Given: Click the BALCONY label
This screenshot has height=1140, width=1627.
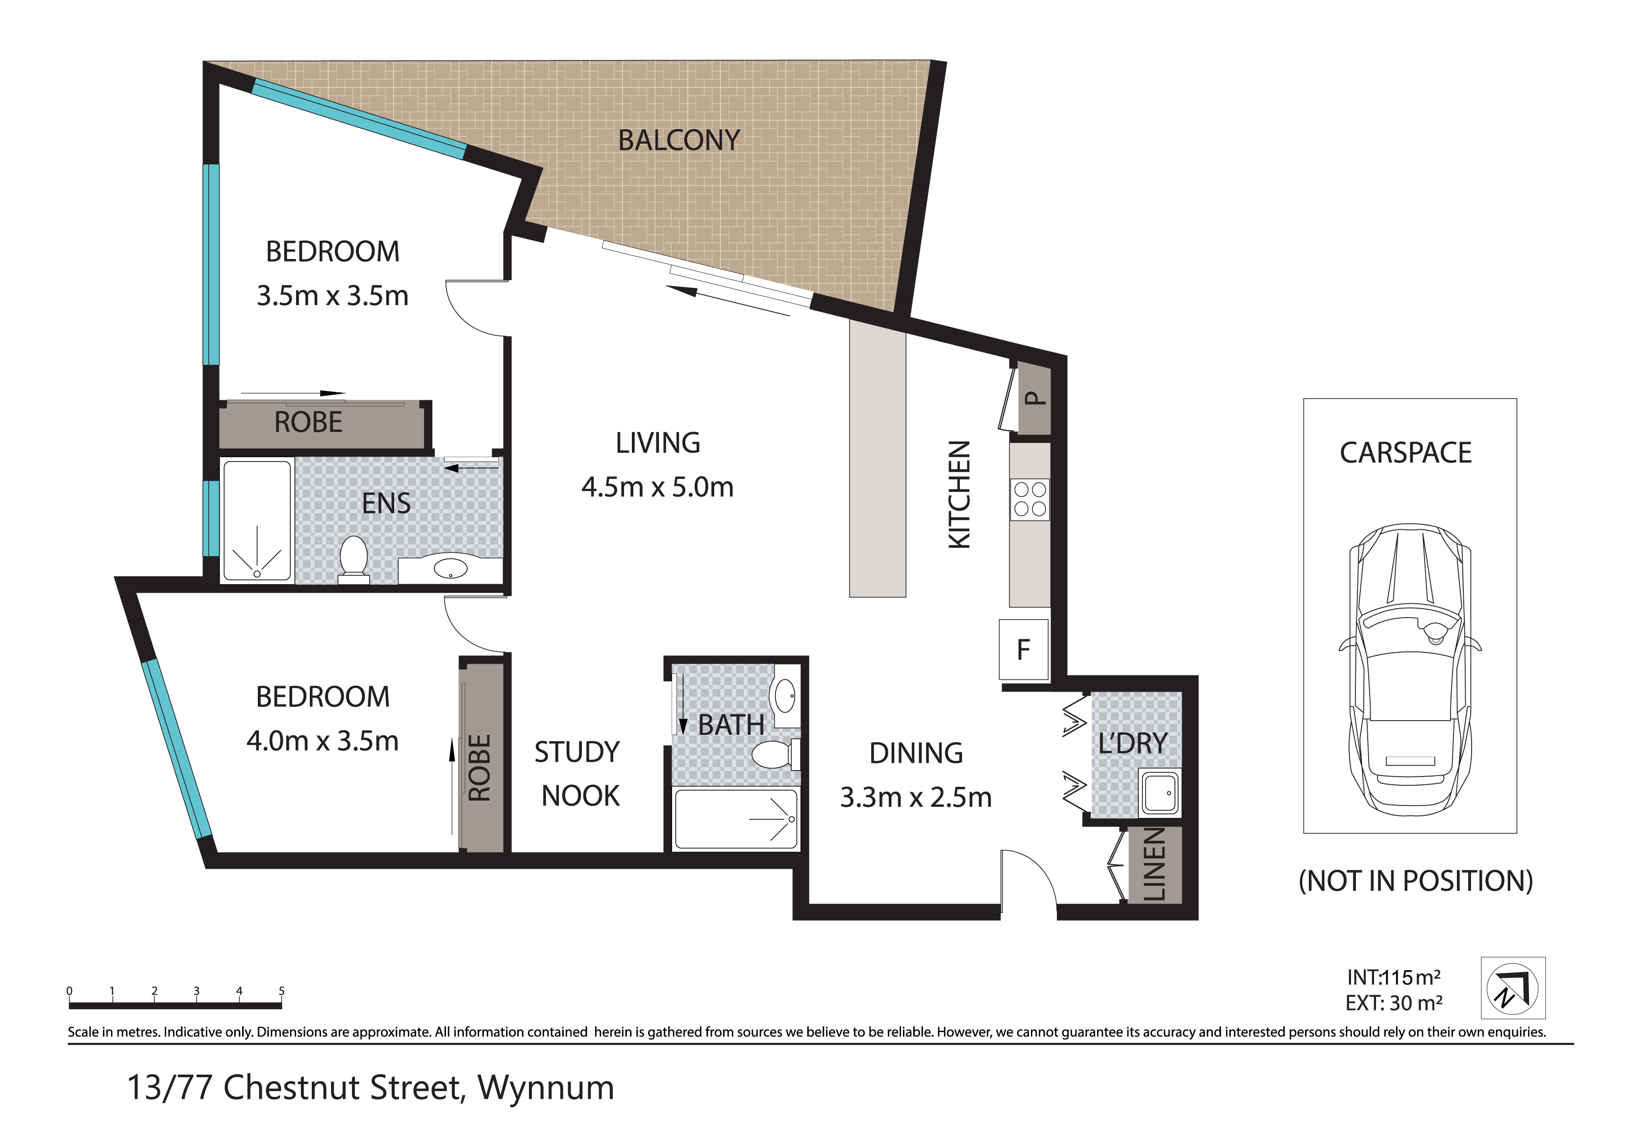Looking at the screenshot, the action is [x=679, y=140].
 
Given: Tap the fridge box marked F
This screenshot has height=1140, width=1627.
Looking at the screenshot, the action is [x=1023, y=649].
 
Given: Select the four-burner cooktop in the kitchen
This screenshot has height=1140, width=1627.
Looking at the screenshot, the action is [x=1029, y=500].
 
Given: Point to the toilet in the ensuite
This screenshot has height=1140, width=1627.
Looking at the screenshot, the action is [x=353, y=560].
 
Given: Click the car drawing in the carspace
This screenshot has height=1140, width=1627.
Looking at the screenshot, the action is [x=1409, y=669].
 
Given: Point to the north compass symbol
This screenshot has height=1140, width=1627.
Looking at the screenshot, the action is [x=1513, y=987].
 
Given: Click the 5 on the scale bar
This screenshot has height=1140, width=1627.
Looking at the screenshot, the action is [x=281, y=990].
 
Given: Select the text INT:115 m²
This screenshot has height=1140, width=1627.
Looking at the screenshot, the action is [x=1393, y=977].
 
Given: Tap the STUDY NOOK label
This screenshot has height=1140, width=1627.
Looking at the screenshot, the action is [x=577, y=774].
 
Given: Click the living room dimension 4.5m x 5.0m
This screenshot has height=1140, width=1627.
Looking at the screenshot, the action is [x=657, y=487].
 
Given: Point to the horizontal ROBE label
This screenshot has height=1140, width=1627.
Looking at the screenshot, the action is [x=308, y=422].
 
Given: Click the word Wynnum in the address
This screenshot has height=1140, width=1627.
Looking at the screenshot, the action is [x=546, y=1088].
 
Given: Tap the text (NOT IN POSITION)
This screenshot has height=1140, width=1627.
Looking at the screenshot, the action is [x=1416, y=881].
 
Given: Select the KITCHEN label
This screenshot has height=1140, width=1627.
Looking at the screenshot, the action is [x=959, y=494].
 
